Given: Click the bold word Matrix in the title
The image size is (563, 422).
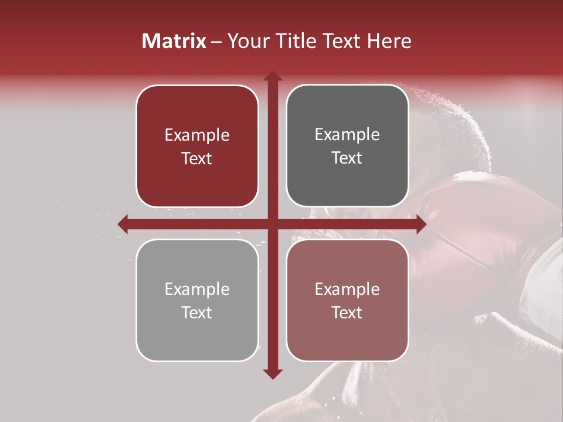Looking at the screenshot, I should [174, 41].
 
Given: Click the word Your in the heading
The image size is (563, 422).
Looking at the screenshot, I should [246, 41].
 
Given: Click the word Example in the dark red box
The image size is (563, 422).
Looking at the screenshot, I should [197, 135].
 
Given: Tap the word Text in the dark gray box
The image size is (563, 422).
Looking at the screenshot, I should [347, 158].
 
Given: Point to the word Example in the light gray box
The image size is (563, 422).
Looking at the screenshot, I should [197, 290].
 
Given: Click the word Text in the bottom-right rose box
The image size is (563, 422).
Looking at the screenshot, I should [347, 313].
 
